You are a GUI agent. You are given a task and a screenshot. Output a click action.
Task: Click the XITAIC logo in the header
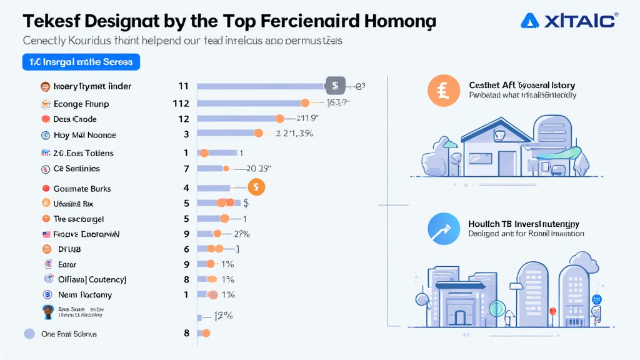pos(568,21)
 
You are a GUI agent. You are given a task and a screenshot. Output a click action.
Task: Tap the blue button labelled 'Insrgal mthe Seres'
pos(81,62)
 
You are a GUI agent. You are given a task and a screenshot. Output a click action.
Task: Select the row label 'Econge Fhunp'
pos(81,103)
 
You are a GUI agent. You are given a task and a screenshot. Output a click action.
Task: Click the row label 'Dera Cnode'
pos(75,119)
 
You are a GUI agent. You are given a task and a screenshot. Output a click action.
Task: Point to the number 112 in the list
pos(181,103)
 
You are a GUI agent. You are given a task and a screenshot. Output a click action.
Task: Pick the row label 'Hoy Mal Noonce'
pos(85,135)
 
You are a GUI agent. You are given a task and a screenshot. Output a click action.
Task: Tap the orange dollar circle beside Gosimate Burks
pos(256,186)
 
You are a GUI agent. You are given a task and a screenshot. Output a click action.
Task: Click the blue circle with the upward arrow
pos(443,228)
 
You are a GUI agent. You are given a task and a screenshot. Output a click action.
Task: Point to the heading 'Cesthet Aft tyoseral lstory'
pos(522,85)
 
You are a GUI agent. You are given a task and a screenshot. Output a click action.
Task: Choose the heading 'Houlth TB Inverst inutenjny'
pos(524,224)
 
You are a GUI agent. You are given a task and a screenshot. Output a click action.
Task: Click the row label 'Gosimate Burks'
pos(82,188)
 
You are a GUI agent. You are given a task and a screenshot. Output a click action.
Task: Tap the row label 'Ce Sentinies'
pos(76,169)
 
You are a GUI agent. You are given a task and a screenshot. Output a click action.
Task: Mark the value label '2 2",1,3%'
pos(294,133)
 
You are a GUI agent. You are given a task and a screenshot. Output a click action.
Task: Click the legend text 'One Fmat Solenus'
pos(69,334)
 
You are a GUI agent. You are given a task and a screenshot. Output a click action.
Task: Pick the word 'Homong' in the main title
pos(400,21)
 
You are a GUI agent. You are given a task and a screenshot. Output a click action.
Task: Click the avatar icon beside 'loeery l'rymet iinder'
pos(45,86)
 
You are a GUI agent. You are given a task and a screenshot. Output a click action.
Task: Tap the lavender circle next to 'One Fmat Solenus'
pos(29,334)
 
